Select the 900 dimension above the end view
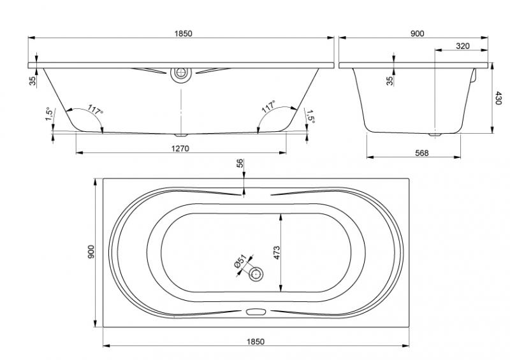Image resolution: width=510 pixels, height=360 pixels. click(418, 33)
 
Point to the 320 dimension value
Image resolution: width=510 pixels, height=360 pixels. click(463, 45)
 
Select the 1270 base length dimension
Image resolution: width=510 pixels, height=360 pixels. click(182, 148)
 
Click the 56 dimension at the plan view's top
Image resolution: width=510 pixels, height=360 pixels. click(240, 164)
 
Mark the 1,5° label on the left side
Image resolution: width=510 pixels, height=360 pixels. click(48, 115)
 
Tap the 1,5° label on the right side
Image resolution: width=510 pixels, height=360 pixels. click(310, 115)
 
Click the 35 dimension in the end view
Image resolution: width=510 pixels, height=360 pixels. click(389, 80)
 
